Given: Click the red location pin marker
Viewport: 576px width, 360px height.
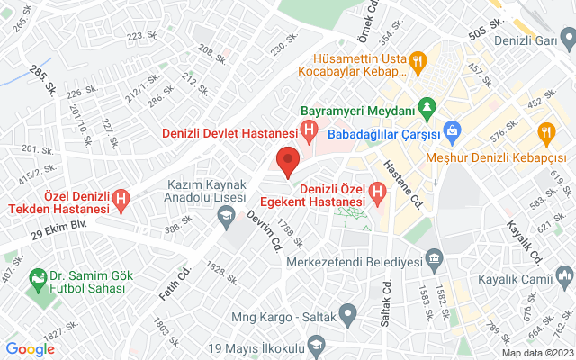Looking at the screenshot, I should click(x=287, y=162).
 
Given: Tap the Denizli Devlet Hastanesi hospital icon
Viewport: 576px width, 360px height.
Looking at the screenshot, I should click(x=310, y=133).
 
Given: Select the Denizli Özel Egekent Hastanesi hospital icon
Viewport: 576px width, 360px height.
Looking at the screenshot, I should click(x=377, y=192).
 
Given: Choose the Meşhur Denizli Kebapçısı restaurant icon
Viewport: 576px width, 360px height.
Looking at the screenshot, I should click(x=545, y=133).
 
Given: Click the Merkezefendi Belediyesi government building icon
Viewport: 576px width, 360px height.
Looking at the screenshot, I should click(x=435, y=262).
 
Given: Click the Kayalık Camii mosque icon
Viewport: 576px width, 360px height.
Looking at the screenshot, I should click(x=564, y=274).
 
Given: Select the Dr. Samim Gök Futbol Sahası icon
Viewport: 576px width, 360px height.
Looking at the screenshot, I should click(x=38, y=278).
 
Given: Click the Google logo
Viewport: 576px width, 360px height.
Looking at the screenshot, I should click(x=31, y=348).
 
